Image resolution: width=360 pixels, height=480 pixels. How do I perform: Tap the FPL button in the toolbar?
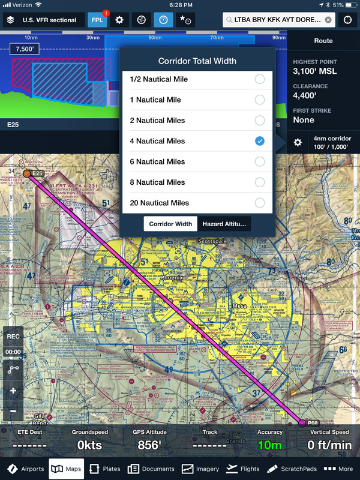(98, 20)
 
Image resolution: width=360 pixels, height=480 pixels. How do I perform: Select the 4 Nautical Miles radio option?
(259, 141)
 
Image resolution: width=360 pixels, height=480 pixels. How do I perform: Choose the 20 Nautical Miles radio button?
(259, 203)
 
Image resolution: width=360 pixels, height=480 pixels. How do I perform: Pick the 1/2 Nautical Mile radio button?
(259, 79)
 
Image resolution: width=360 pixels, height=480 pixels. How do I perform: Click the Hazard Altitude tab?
(224, 224)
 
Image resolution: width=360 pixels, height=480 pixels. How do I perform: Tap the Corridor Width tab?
(170, 224)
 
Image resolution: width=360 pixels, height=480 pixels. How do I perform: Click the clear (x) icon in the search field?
(328, 20)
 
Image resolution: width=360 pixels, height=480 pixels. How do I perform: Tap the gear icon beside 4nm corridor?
(298, 143)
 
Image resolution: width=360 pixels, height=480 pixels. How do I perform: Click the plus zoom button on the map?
(13, 391)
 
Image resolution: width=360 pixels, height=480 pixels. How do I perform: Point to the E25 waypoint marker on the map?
(27, 173)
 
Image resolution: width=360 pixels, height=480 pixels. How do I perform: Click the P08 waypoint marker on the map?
(302, 424)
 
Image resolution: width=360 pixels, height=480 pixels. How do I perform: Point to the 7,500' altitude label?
(24, 49)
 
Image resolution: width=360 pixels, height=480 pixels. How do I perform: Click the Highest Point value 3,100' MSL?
(315, 71)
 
